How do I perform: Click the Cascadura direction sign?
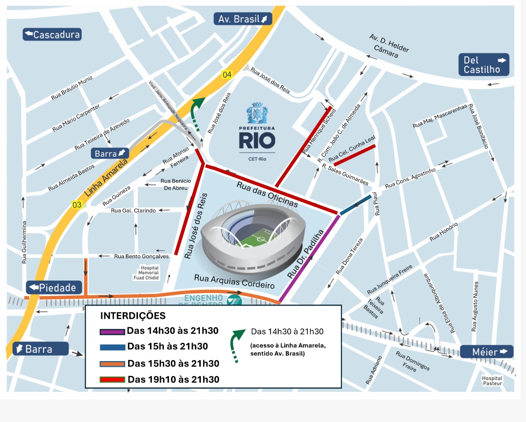point(52,35)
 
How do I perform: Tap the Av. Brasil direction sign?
point(243,19)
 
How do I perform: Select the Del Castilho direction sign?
point(484,65)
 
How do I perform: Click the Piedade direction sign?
point(54,288)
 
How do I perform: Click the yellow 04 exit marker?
point(227,75)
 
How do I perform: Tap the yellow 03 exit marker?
point(77,205)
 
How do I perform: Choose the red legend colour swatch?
point(112,380)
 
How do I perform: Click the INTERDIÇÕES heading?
point(133,316)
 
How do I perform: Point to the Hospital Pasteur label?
point(492,381)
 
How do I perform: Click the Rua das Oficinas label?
point(267,195)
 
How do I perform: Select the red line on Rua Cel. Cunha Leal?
point(354,155)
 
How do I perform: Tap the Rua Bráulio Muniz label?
point(72,88)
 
